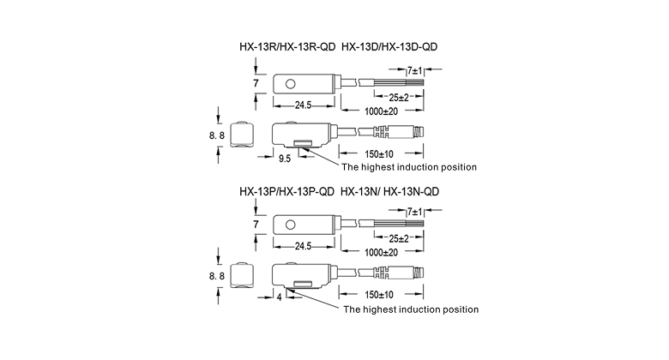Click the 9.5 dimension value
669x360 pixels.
tap(285, 159)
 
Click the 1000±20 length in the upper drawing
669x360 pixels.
tap(383, 111)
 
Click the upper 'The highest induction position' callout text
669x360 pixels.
tap(409, 166)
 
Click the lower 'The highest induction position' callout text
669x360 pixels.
tap(410, 309)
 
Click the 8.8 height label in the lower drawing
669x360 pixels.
tap(216, 276)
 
